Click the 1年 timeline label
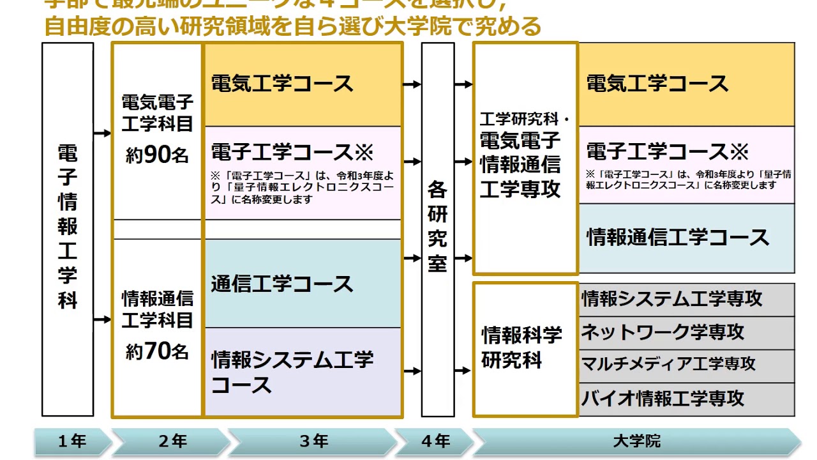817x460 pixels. [x=71, y=441]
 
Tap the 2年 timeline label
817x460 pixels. [x=172, y=441]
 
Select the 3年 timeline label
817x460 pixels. [x=313, y=441]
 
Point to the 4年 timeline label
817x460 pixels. [x=436, y=441]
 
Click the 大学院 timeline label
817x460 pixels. [x=636, y=441]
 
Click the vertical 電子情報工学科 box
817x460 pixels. [x=68, y=229]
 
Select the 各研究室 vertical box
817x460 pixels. [x=438, y=229]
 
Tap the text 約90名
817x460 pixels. [x=157, y=155]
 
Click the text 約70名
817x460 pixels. [x=157, y=351]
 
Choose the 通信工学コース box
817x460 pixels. [x=303, y=284]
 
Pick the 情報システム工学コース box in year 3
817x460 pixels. [x=303, y=372]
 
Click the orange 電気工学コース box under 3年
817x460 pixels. [x=303, y=84]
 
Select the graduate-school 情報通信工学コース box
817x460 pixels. [x=686, y=238]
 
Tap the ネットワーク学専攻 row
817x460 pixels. [x=686, y=332]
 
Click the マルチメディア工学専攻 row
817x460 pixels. [x=686, y=365]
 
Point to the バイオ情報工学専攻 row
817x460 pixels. [x=686, y=399]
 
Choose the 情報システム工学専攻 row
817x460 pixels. [x=686, y=299]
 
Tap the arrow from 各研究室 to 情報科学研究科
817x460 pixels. [x=463, y=371]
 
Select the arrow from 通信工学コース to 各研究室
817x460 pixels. [x=412, y=259]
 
